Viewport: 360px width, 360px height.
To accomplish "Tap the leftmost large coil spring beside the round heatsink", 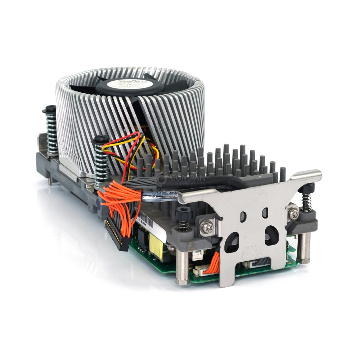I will [x=51, y=132].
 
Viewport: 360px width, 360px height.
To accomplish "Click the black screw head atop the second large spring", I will [x=100, y=139].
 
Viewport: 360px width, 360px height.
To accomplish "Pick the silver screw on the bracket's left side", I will [x=208, y=226].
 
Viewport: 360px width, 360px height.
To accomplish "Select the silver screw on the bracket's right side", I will [x=293, y=214].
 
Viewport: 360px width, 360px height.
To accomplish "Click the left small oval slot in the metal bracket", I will [x=243, y=216].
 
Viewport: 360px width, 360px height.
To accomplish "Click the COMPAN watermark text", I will [x=187, y=179].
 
